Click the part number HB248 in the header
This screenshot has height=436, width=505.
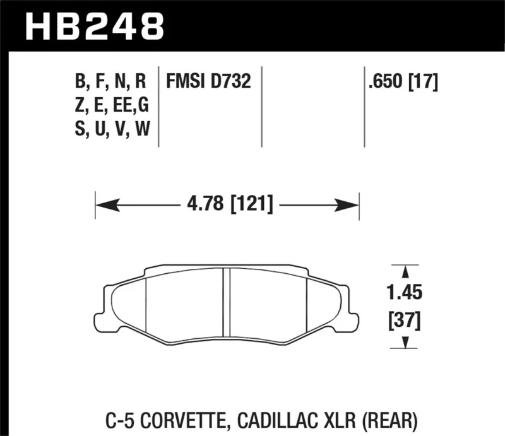(x=95, y=26)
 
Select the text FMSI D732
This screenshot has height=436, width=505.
(x=208, y=81)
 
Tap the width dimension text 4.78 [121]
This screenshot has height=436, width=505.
(x=229, y=205)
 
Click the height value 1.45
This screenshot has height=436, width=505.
(x=405, y=293)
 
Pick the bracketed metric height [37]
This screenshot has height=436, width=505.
(x=405, y=322)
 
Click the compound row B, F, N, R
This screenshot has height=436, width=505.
(x=110, y=81)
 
